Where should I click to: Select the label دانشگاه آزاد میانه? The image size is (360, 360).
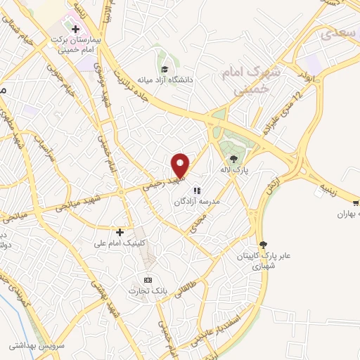point(185,80)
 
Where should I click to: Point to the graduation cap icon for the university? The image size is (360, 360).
point(164,69)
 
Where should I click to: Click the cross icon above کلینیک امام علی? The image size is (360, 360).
point(120,231)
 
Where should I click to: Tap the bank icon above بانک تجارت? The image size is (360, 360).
point(148,280)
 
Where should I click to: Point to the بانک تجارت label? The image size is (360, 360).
point(146,291)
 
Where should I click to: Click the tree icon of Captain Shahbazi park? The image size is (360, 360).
point(263,244)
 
